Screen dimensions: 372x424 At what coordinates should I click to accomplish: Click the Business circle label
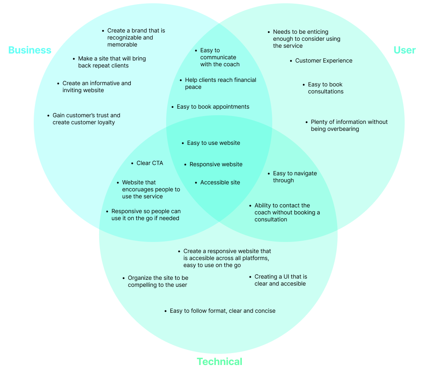point(30,50)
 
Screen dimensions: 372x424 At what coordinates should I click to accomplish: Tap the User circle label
point(405,50)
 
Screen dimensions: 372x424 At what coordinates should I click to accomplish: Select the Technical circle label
point(219,362)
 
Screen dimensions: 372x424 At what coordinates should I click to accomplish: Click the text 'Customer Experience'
point(324,61)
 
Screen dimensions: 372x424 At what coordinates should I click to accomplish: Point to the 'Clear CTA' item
point(150,163)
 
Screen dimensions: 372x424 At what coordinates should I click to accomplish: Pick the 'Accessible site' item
point(220,183)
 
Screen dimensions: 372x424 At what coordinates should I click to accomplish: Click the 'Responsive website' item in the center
point(216,165)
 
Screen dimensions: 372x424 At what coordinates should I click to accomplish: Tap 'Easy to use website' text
point(213,143)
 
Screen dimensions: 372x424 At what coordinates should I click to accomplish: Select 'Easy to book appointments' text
point(213,107)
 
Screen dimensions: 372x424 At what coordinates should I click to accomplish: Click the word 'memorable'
point(122,45)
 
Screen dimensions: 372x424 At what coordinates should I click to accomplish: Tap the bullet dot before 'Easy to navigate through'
point(268,174)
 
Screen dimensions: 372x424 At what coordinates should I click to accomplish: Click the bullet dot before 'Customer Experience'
point(290,61)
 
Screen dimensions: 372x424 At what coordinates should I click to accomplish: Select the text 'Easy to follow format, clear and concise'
point(222,311)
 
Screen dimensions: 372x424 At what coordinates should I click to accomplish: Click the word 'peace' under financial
point(193,87)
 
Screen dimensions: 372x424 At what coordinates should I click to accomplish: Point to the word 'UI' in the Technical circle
point(287,277)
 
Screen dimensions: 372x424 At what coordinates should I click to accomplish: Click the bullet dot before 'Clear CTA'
point(132,163)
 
